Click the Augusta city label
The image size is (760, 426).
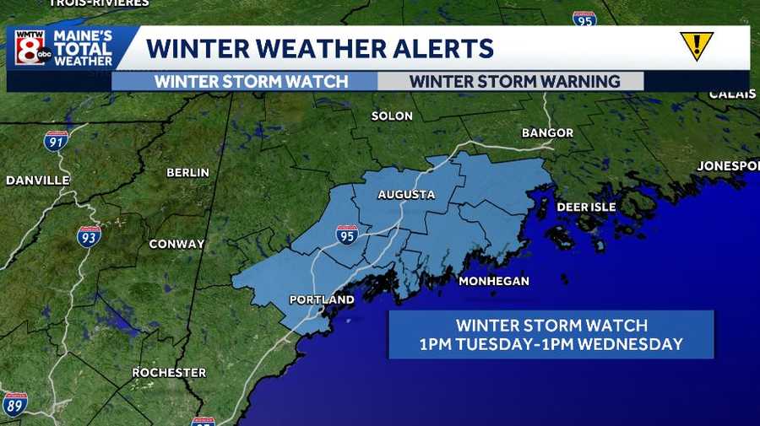[x=406, y=195]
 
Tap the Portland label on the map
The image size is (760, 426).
[x=322, y=299]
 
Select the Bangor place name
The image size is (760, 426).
[x=547, y=133]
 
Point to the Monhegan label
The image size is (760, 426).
[x=493, y=281]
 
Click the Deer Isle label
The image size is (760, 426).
[x=586, y=207]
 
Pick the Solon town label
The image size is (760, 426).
[x=392, y=116]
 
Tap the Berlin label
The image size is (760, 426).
[x=187, y=172]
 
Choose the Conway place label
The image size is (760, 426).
[x=176, y=244]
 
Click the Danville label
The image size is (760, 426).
[x=37, y=180]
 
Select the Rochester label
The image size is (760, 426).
[x=169, y=372]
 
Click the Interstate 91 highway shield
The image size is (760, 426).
[x=56, y=141]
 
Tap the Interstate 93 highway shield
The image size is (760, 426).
[x=89, y=236]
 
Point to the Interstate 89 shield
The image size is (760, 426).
[x=14, y=404]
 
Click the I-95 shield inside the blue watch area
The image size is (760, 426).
[x=346, y=235]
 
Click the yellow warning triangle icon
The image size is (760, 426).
[x=697, y=46]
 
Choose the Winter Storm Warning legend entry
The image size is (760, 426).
[x=514, y=82]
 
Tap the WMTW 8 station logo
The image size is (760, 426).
[x=30, y=47]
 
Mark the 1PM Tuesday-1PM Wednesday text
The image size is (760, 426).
[x=551, y=344]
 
